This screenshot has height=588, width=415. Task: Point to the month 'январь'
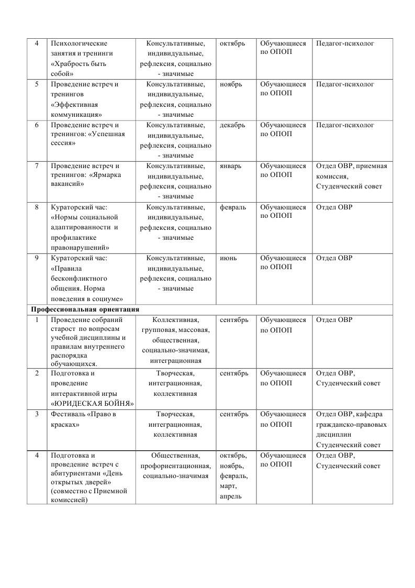(x=231, y=166)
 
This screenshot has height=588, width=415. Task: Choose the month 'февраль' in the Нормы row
(x=233, y=207)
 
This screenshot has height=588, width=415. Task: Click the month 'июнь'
(x=229, y=258)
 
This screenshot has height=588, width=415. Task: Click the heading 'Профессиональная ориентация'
(x=85, y=310)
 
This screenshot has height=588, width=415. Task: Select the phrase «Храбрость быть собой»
(x=78, y=69)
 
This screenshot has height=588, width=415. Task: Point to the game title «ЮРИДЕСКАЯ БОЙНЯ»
(x=92, y=404)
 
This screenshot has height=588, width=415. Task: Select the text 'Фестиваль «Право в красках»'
(x=83, y=419)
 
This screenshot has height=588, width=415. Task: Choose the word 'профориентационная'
(x=175, y=466)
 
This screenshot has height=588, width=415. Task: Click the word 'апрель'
(x=231, y=496)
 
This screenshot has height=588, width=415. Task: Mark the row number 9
(x=37, y=258)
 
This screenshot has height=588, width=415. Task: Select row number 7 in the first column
(x=37, y=166)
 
